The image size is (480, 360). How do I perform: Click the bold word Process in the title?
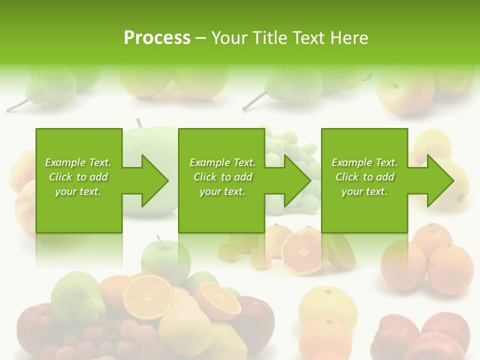click(157, 38)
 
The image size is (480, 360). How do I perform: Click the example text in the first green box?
click(78, 177)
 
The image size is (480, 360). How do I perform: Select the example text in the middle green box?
click(222, 177)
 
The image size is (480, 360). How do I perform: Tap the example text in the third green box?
click(364, 177)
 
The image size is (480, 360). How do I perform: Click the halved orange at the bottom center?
click(147, 295)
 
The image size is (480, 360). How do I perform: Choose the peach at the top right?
click(405, 90)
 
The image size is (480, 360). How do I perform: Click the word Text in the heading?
click(309, 38)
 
